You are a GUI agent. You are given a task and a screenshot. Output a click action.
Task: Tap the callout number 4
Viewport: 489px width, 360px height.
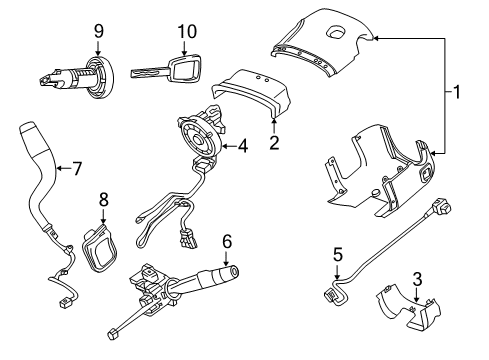point(243,147)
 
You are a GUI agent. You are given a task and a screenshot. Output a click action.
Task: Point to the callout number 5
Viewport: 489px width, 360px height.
point(337,255)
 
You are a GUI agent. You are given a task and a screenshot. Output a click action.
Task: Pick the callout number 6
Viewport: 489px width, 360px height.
point(227,241)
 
